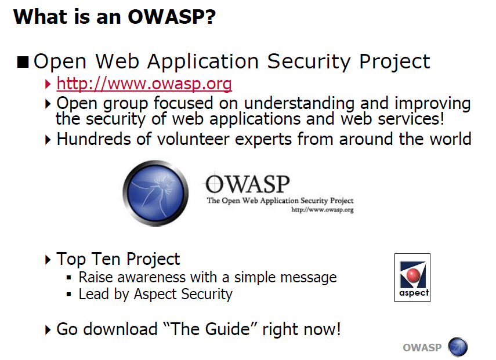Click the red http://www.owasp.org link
click(x=144, y=83)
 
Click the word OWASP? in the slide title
click(x=172, y=16)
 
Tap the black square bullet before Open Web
click(x=23, y=62)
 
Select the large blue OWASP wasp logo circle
click(x=155, y=193)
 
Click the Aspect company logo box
click(x=412, y=278)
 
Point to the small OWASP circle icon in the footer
click(x=458, y=347)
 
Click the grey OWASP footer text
click(x=422, y=348)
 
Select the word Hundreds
click(x=93, y=139)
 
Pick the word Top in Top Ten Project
click(x=71, y=260)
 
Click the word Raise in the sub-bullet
click(x=96, y=278)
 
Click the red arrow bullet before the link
click(x=48, y=84)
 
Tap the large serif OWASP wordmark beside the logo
click(x=247, y=184)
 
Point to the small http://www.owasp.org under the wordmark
click(x=323, y=209)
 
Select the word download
click(x=120, y=329)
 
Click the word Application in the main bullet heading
click(x=203, y=61)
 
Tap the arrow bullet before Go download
click(x=48, y=330)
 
